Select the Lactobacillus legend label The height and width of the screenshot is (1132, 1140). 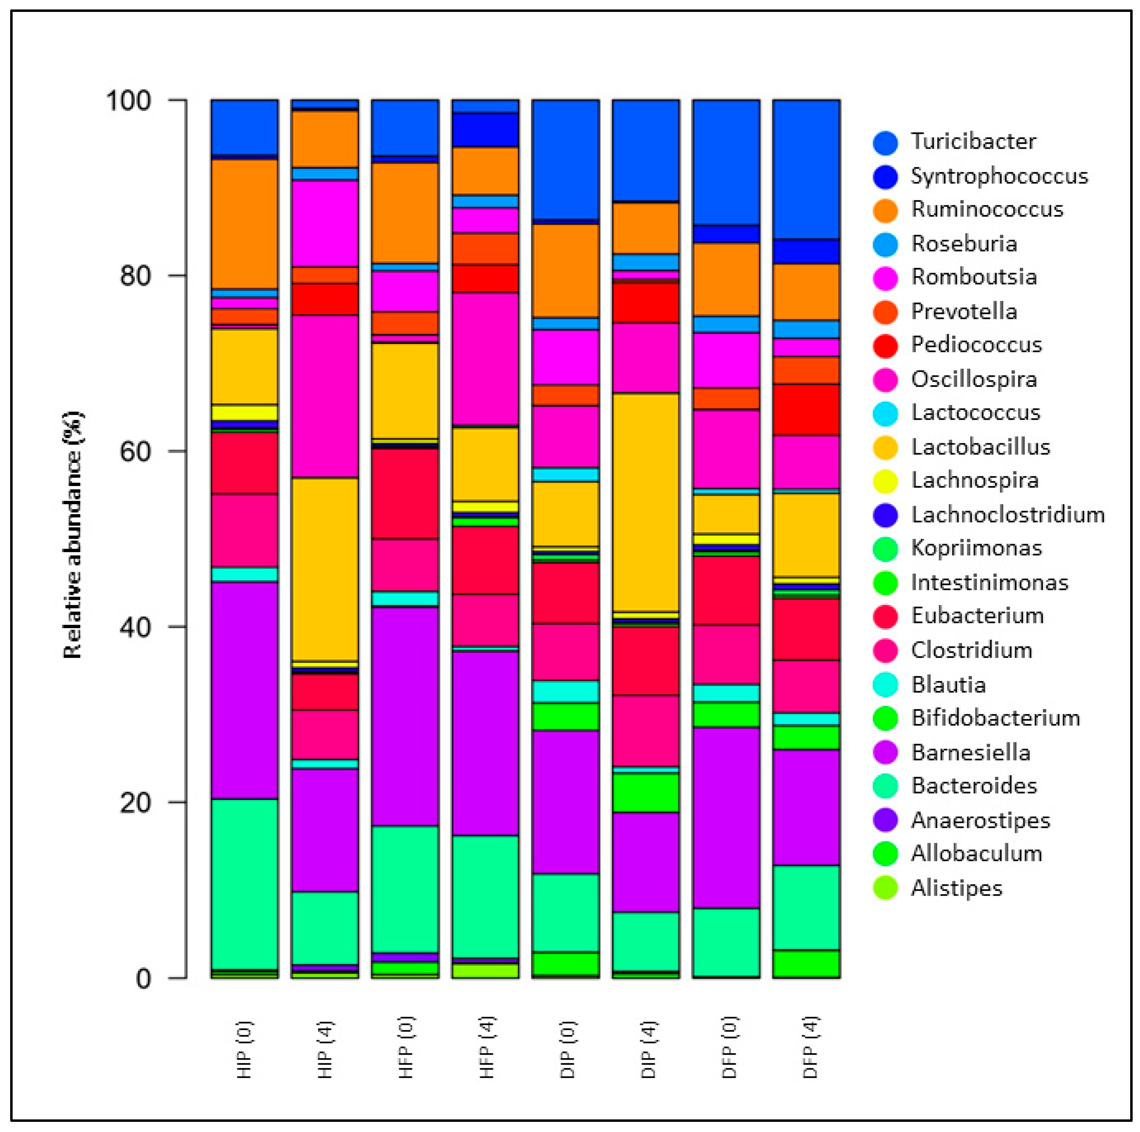click(980, 447)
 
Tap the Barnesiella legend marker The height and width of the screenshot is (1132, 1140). click(885, 753)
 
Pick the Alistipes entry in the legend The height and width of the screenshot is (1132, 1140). click(956, 888)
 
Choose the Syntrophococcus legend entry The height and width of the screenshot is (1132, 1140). click(999, 176)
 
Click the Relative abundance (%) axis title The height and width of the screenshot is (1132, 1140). click(72, 534)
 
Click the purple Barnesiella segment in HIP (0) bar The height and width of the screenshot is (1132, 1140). click(244, 690)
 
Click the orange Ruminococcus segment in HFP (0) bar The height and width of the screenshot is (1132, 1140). click(405, 213)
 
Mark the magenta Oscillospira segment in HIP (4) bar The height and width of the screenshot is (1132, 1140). click(325, 396)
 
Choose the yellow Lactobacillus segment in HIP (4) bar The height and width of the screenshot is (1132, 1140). click(325, 569)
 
